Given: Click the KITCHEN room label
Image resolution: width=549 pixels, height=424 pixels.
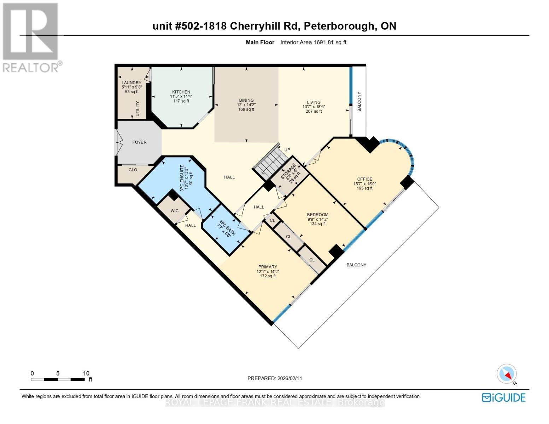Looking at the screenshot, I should point(181,92).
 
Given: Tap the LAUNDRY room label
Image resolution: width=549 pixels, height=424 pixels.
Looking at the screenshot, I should point(132,83).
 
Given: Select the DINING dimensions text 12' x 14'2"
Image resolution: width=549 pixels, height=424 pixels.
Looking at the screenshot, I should point(246,105).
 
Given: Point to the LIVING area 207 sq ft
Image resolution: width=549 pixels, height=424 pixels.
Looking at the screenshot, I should point(314,111).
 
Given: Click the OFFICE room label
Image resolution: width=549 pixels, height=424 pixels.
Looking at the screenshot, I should point(364,179).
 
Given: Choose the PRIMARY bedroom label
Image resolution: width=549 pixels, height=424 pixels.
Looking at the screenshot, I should point(268,267).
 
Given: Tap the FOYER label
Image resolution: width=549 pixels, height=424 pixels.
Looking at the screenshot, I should point(139,142).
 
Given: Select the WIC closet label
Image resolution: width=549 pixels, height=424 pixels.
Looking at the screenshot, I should point(174,211).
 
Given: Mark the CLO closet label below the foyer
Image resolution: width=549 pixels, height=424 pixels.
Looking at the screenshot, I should point(133,170).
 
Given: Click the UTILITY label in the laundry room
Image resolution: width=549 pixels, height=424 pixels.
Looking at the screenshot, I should point(138,109).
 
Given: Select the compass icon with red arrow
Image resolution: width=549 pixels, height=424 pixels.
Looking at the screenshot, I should point(507,374).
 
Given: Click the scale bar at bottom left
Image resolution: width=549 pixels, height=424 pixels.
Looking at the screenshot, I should point(58,379).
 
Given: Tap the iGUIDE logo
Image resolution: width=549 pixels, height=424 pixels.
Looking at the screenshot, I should point(504,397).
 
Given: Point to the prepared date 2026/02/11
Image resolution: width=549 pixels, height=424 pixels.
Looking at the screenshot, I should point(275,378).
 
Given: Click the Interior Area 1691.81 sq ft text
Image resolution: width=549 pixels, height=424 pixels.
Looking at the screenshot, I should point(313,42).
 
